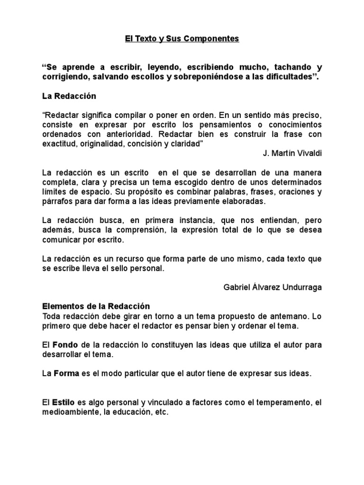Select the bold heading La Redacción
[x=69, y=96]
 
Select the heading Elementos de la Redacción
[x=96, y=306]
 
